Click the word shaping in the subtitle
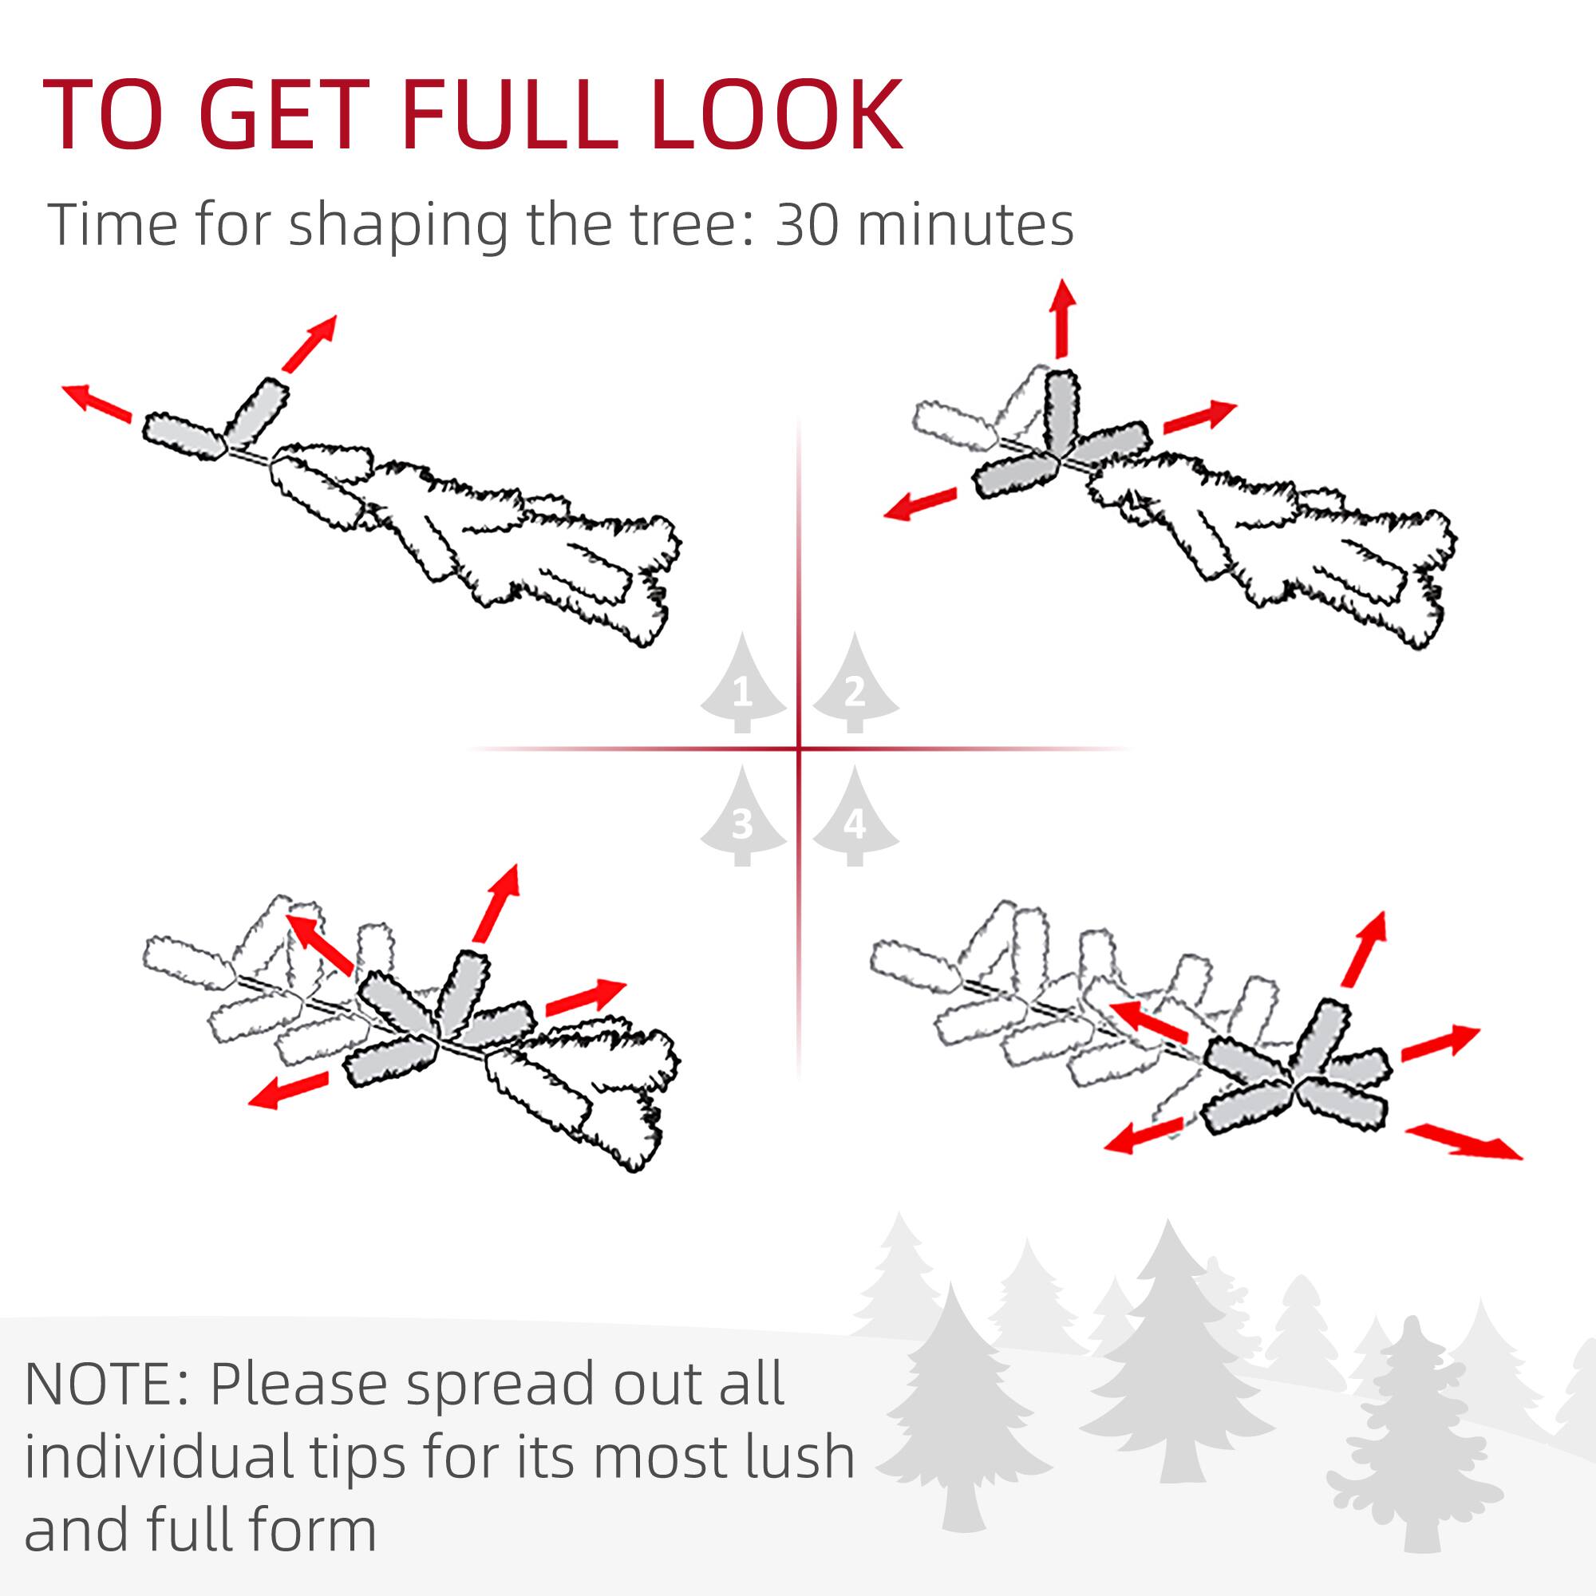click(x=397, y=226)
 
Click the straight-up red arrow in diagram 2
click(x=1061, y=318)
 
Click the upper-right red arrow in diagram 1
click(x=309, y=343)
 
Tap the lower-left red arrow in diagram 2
click(x=919, y=503)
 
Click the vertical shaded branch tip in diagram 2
click(x=1061, y=412)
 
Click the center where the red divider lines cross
click(x=799, y=749)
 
